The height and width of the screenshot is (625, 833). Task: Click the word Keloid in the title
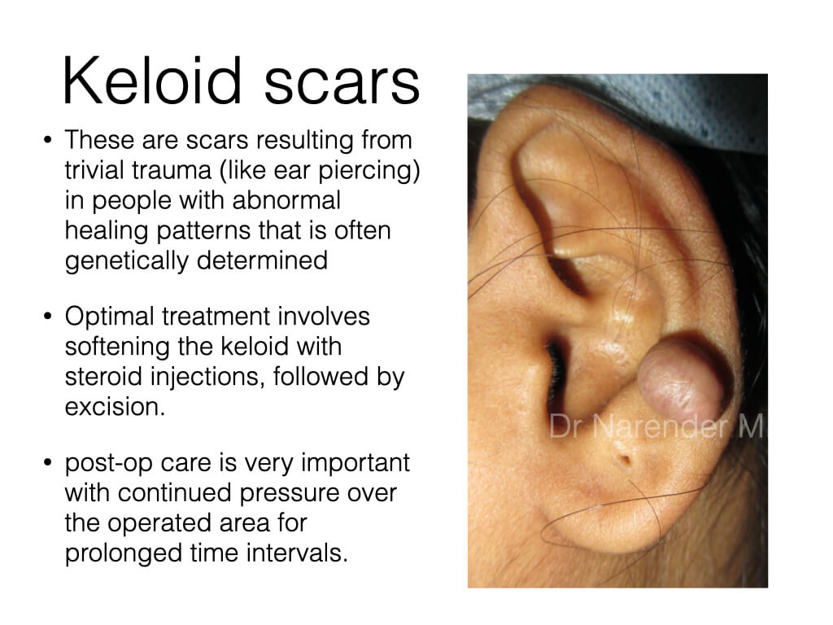tap(152, 81)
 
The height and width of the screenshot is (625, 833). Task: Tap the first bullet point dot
tap(48, 140)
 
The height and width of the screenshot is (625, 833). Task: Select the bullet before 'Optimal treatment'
tap(48, 317)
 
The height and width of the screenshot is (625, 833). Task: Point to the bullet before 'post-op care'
tap(48, 462)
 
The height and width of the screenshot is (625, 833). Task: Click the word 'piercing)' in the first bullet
tap(369, 171)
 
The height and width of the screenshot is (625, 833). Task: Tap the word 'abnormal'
tap(286, 200)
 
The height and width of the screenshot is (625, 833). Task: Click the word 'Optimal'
tap(110, 317)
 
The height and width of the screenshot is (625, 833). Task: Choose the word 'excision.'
tap(115, 407)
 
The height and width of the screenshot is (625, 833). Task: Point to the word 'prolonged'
tap(123, 553)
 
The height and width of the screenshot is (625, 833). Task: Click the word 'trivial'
tap(94, 171)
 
